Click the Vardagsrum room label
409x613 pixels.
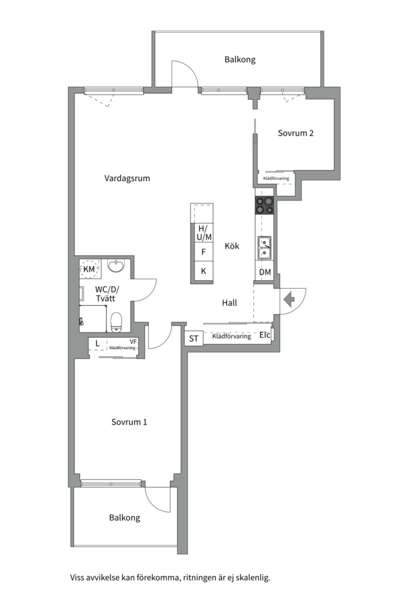click(127, 178)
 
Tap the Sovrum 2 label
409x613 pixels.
click(295, 133)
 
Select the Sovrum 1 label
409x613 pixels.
click(130, 422)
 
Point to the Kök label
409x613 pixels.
click(232, 246)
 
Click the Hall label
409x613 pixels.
click(229, 303)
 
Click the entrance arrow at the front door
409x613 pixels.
click(289, 299)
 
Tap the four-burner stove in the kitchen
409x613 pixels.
click(265, 205)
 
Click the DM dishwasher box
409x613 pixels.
click(265, 272)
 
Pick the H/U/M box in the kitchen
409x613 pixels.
click(202, 232)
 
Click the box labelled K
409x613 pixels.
click(202, 271)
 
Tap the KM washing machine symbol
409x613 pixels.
click(89, 268)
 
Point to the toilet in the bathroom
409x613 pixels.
click(117, 321)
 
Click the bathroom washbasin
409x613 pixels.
click(116, 266)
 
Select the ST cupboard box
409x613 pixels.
click(193, 338)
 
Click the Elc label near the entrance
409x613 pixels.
click(265, 335)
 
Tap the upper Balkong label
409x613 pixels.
click(240, 59)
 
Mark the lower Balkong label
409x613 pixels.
click(124, 518)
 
